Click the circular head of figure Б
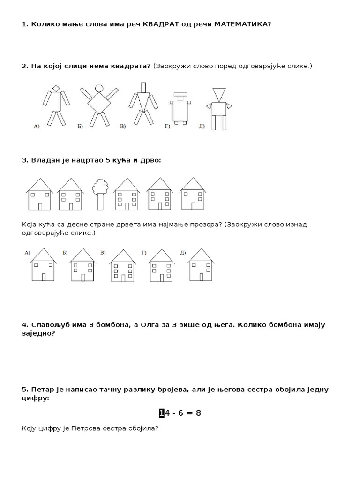click(x=99, y=88)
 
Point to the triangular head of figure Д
click(x=218, y=94)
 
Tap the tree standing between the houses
click(x=99, y=194)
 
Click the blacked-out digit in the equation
click(x=162, y=413)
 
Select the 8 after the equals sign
click(x=198, y=413)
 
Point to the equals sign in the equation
click(x=188, y=413)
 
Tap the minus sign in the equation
click(x=172, y=413)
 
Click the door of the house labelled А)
click(x=44, y=277)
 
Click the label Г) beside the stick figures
click(x=167, y=126)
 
